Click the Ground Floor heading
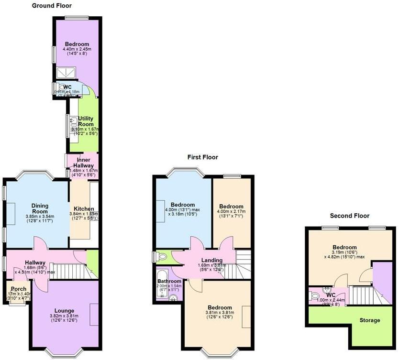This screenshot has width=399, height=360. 52,6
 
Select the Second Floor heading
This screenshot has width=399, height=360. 349,216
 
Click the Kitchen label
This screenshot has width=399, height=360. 84,209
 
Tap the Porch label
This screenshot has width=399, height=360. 19,289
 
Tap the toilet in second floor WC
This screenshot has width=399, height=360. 315,296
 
